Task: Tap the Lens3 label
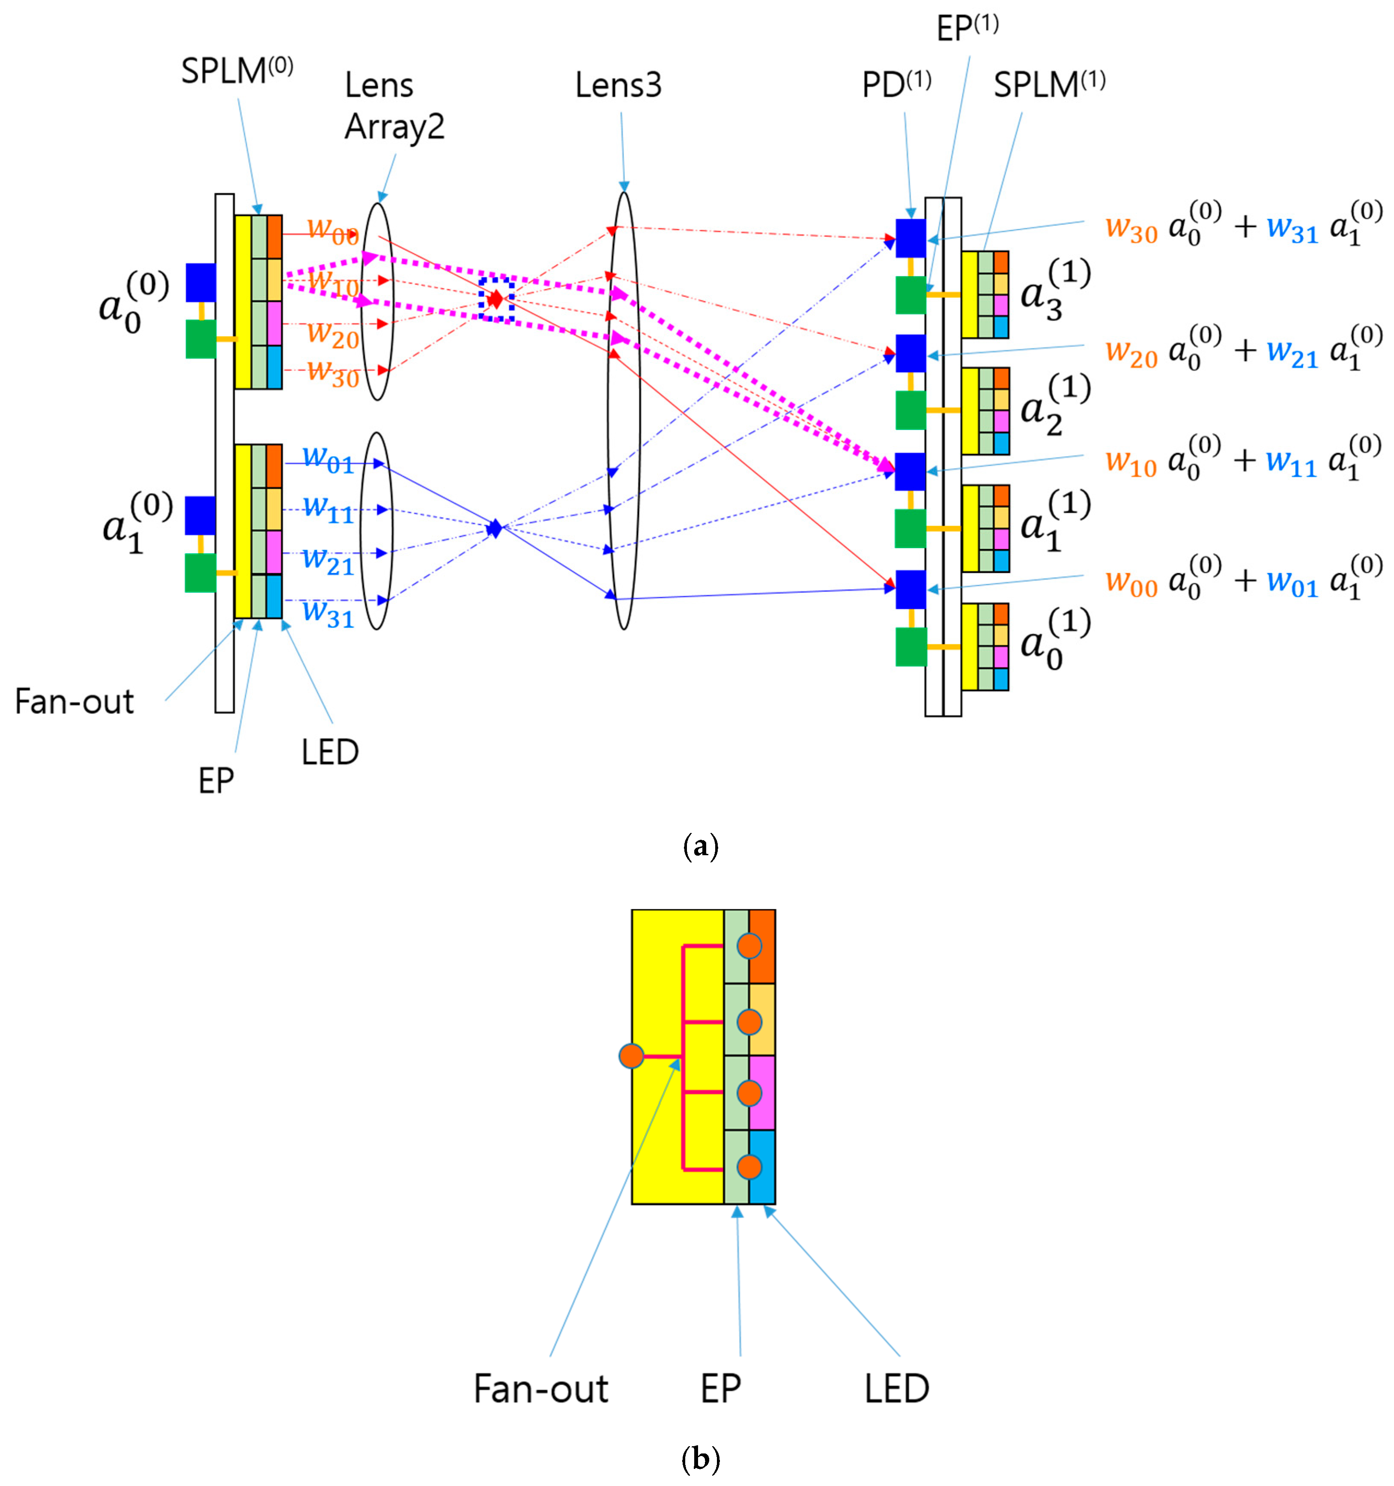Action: pos(618,85)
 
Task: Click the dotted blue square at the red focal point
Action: pos(496,299)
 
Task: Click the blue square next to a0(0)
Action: pos(200,282)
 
